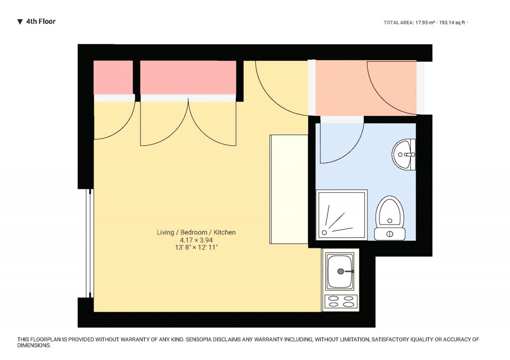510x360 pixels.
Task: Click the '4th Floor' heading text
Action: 41,21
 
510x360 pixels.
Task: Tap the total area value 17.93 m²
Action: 426,22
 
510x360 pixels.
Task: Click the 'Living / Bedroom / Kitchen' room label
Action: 196,233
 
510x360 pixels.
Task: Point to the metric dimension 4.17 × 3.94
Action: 196,240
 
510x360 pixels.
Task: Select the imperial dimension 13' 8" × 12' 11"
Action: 196,247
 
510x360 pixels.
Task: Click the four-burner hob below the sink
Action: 341,301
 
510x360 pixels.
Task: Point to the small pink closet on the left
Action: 114,77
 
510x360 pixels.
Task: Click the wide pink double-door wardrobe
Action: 188,77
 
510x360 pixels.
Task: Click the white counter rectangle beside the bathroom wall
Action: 289,189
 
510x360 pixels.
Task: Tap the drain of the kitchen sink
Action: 341,271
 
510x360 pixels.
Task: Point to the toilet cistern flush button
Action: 390,234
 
